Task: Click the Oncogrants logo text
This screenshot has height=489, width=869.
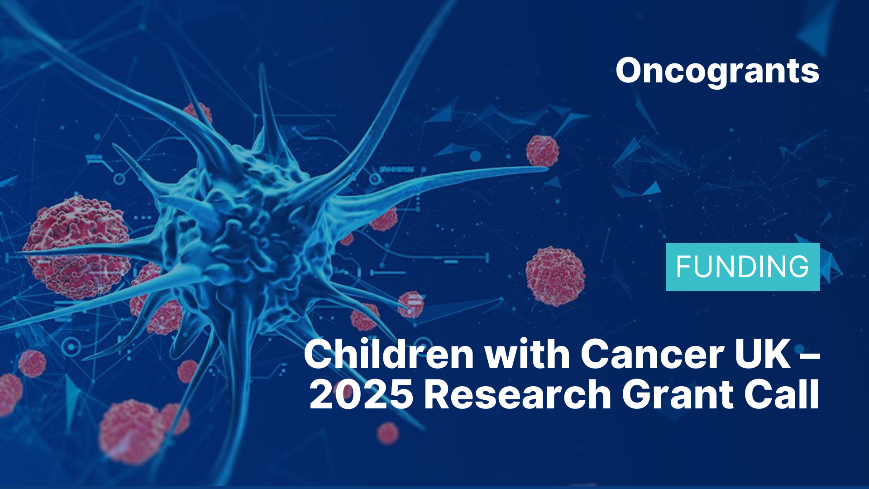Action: (717, 72)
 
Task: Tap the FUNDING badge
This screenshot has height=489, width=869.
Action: (743, 267)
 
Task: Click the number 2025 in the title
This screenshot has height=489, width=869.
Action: (361, 394)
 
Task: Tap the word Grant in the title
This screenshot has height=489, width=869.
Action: (678, 394)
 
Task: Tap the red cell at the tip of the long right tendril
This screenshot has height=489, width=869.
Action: (542, 151)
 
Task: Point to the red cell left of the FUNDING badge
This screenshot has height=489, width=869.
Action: (555, 276)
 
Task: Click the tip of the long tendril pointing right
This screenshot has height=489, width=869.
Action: (547, 169)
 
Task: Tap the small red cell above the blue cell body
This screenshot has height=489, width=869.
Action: (198, 114)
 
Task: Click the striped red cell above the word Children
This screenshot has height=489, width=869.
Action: (411, 304)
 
